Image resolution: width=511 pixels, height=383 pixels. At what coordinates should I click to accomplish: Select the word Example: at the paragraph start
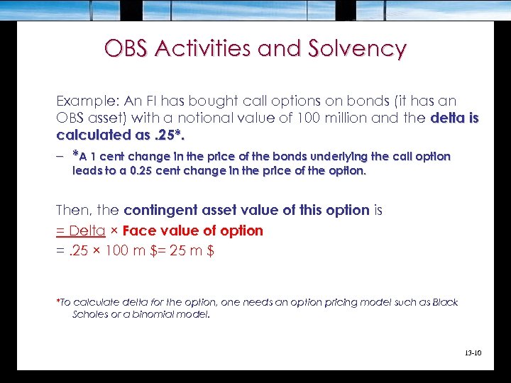pos(84,101)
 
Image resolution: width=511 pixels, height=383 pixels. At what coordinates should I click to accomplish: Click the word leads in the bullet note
pos(85,170)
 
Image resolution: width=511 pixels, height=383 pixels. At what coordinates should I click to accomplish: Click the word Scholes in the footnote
pos(91,314)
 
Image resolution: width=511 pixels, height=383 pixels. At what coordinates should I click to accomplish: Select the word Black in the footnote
pos(444,303)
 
